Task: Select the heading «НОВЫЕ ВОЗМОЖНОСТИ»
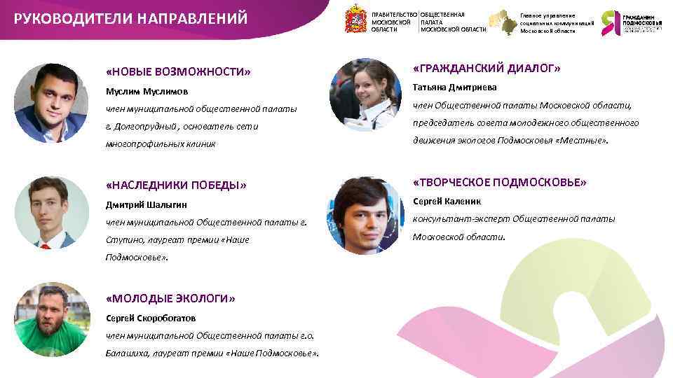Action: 178,72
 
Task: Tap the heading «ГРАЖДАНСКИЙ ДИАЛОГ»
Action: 487,69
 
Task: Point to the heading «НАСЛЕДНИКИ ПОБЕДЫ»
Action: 176,185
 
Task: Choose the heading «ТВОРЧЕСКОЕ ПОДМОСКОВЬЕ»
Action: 499,182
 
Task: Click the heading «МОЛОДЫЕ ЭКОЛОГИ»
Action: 170,298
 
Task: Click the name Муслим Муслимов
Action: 147,92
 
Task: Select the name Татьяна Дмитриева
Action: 454,87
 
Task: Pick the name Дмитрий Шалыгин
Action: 146,205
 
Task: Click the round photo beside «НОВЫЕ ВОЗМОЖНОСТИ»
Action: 50,103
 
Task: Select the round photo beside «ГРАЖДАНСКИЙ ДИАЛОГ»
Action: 365,95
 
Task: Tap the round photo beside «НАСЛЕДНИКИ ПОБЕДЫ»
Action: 50,213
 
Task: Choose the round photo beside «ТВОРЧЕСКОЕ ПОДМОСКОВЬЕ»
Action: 365,214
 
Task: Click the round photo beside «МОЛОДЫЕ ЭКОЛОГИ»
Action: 51,318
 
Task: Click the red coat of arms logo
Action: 355,20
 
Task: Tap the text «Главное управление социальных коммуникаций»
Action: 557,23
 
